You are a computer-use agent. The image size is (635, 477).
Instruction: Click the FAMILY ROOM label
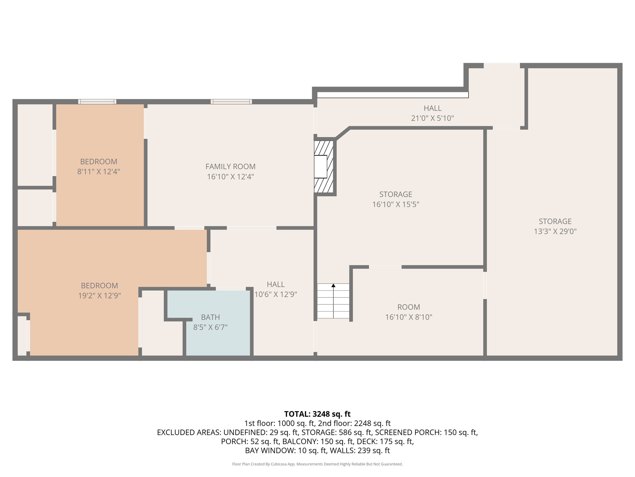click(230, 167)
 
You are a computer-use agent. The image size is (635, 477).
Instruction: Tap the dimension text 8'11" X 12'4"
click(99, 171)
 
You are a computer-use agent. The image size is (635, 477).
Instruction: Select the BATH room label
click(211, 317)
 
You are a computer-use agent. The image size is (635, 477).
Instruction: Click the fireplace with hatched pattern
click(324, 167)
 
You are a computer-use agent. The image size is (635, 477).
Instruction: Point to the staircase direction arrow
click(333, 285)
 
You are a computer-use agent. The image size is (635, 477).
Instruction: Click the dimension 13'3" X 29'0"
click(555, 231)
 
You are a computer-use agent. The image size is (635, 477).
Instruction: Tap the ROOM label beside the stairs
click(409, 307)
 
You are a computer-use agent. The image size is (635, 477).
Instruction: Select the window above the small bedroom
click(97, 102)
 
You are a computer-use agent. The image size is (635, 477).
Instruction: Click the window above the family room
click(231, 102)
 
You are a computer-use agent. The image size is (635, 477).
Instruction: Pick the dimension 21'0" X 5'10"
click(433, 118)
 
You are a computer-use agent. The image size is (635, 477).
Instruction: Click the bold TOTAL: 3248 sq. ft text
click(317, 414)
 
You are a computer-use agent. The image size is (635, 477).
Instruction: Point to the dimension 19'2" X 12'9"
click(99, 296)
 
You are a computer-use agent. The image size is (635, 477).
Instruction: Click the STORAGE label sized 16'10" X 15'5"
click(396, 194)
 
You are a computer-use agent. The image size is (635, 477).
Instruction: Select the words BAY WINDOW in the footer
click(270, 450)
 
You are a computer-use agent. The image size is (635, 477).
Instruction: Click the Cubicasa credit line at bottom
click(317, 464)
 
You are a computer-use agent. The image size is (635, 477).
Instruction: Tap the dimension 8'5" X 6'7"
click(211, 327)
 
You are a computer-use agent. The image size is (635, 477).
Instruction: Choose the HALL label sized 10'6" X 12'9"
click(276, 284)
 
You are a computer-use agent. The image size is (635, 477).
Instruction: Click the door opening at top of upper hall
click(502, 66)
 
